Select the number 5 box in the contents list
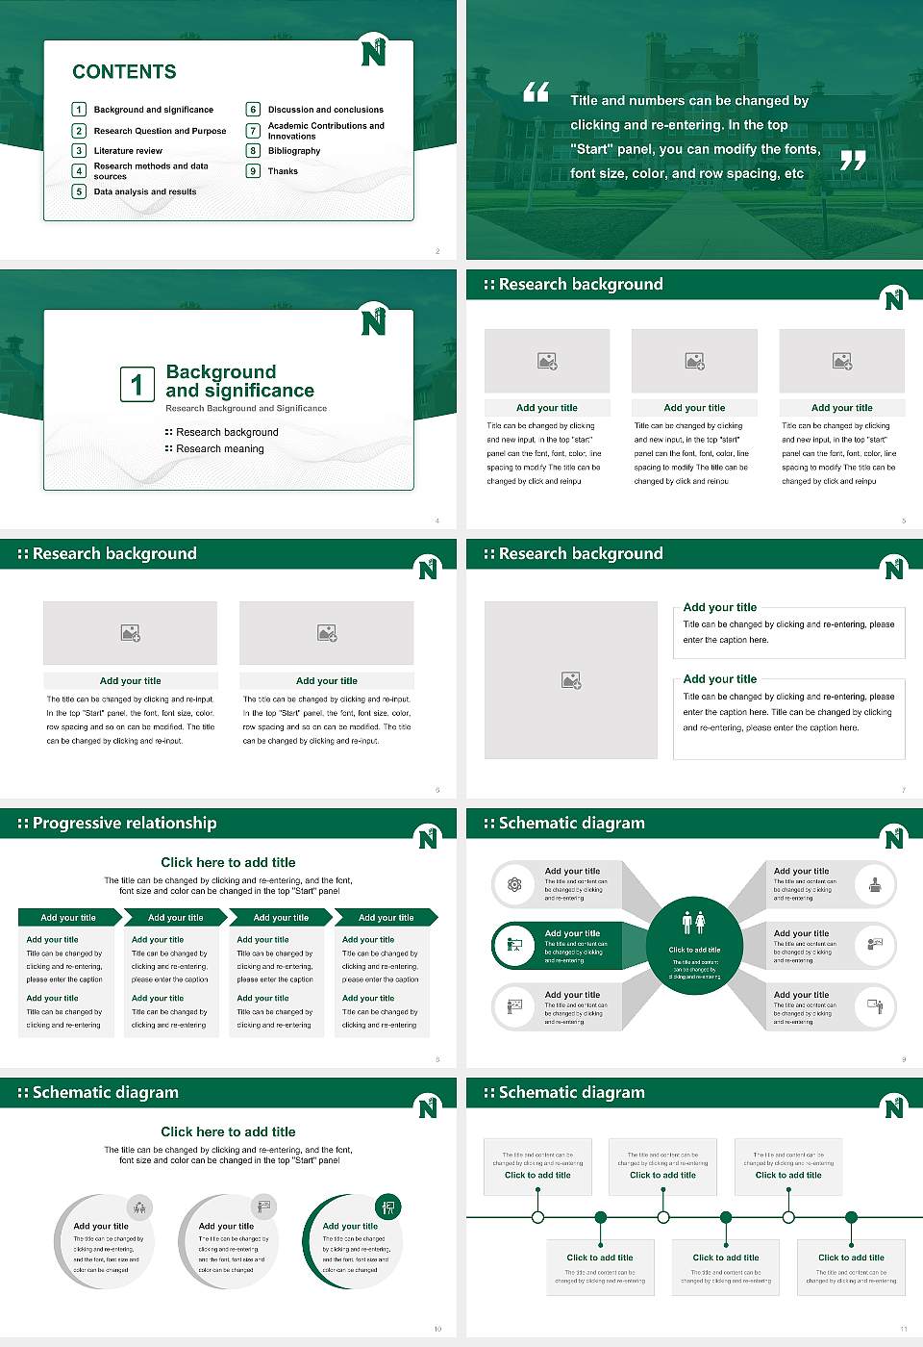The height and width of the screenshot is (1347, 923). pos(79,191)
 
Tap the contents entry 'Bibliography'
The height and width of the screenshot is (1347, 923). pos(294,151)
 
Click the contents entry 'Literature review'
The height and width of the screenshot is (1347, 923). pos(128,151)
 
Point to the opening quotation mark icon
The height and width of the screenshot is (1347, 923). pos(536,92)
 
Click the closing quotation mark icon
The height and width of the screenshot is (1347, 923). pos(853,161)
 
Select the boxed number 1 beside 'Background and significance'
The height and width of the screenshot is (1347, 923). pos(137,384)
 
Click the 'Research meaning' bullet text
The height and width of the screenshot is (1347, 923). pos(219,449)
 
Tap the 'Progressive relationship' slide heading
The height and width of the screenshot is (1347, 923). pos(124,824)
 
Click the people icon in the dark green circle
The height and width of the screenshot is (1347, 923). pos(694,923)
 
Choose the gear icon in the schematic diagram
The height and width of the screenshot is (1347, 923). pos(514,884)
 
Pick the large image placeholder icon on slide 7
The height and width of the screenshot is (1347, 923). pos(571,680)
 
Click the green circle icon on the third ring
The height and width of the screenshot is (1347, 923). pos(388,1207)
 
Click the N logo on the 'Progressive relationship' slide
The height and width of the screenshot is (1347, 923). pos(428,838)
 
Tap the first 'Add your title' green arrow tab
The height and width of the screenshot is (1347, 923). pos(68,918)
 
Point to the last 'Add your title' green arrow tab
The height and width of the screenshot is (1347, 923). pos(387,918)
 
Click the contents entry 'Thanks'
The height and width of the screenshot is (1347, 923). pos(283,171)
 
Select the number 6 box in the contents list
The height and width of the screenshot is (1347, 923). pos(253,110)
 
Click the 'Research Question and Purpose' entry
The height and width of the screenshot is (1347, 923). pos(160,131)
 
